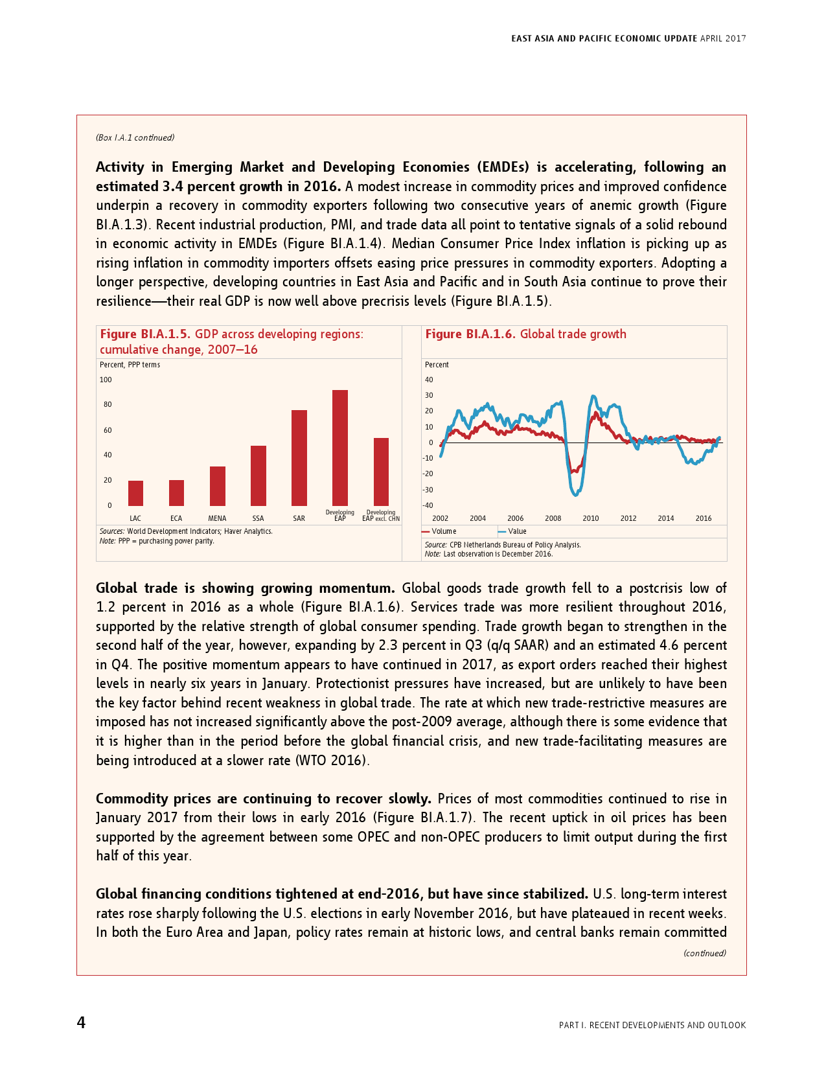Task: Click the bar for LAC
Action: pyautogui.click(x=135, y=493)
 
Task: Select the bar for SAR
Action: pyautogui.click(x=299, y=457)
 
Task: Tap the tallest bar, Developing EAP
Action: pyautogui.click(x=340, y=448)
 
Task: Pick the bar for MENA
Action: pyautogui.click(x=218, y=486)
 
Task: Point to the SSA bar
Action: pyautogui.click(x=258, y=476)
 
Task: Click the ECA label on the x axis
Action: pyautogui.click(x=176, y=518)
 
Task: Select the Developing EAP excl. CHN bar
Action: pyautogui.click(x=381, y=472)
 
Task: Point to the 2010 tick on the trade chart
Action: pyautogui.click(x=590, y=518)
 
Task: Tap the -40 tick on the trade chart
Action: pyautogui.click(x=429, y=505)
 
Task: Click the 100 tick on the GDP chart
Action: pyautogui.click(x=106, y=380)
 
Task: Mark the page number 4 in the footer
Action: pyautogui.click(x=81, y=1022)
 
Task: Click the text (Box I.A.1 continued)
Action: pyautogui.click(x=135, y=137)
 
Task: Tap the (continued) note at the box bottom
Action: pyautogui.click(x=704, y=953)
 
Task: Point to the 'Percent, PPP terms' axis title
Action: pyautogui.click(x=130, y=365)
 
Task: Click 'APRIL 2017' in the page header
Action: pyautogui.click(x=723, y=39)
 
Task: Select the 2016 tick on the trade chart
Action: pyautogui.click(x=703, y=518)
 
